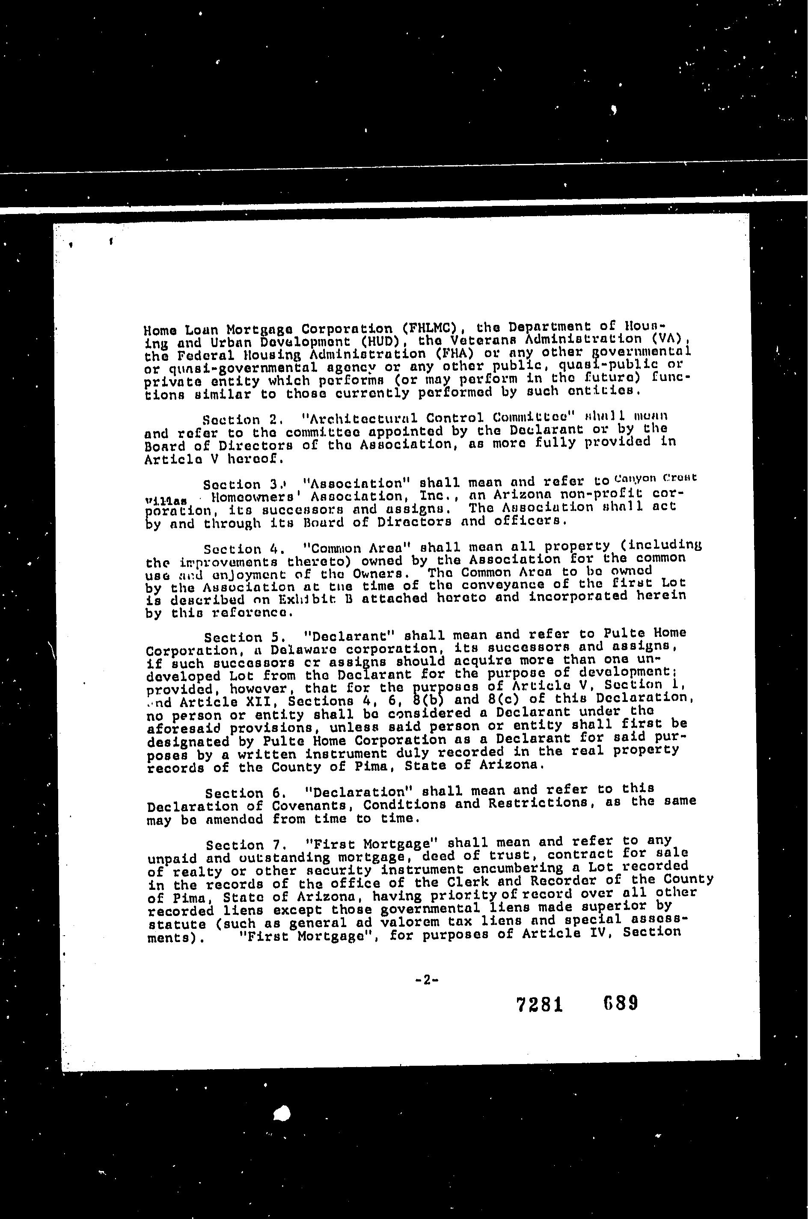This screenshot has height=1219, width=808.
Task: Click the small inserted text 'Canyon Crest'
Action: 655,478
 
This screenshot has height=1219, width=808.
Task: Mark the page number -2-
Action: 426,981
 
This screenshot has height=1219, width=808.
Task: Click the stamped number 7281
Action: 538,1004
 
